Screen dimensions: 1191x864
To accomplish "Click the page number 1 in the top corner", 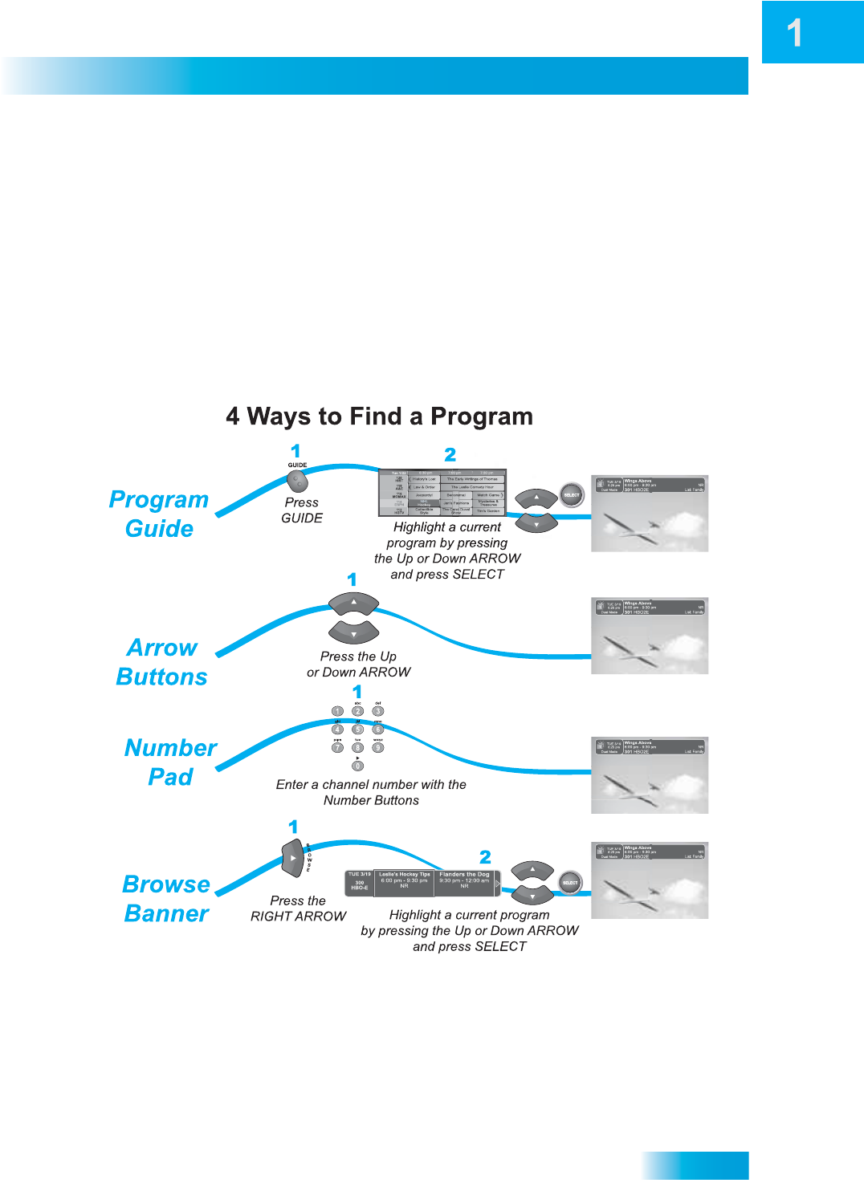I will (x=794, y=33).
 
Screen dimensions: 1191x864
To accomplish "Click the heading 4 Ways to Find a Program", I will (x=379, y=417).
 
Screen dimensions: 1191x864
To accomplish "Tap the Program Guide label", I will (x=159, y=514).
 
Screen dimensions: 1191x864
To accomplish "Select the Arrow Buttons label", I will (x=162, y=662).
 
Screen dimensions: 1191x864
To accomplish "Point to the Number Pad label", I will (x=170, y=762).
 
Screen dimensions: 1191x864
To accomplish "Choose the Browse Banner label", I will (x=166, y=899).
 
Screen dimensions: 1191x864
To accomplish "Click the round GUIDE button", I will (x=297, y=481).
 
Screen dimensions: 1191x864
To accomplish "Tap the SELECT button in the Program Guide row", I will (x=571, y=495).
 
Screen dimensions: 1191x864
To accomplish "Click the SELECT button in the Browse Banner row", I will (x=570, y=883).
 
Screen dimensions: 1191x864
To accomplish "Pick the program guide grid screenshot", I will (x=442, y=493).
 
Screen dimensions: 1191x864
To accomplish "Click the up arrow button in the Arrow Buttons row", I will (x=353, y=604).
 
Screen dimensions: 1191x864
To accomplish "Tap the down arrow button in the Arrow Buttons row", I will (x=353, y=632).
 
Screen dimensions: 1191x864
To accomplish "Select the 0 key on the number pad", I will (x=357, y=766).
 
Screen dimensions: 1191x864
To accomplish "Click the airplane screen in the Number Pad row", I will (x=650, y=775).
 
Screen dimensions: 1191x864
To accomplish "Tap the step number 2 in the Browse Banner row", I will (x=485, y=857).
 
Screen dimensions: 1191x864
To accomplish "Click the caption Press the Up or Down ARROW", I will (x=358, y=665).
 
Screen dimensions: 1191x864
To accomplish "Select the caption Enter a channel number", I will (x=371, y=792).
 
